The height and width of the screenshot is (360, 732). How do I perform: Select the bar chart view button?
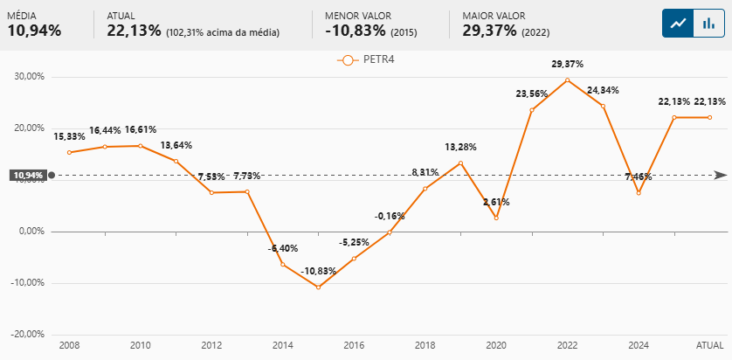(707, 24)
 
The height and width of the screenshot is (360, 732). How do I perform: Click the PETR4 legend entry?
(367, 59)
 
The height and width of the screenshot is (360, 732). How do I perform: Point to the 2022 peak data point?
(567, 80)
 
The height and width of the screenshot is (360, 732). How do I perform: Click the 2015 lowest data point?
(318, 287)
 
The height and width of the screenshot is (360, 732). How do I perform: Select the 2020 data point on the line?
(496, 218)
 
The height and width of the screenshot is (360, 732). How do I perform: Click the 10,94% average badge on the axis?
(27, 175)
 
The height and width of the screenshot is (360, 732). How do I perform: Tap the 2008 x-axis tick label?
(69, 346)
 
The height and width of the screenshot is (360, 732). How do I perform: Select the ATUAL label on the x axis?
(709, 346)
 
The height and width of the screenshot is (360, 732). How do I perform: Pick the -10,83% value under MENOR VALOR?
(354, 31)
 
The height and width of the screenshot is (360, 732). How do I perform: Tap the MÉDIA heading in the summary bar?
(23, 16)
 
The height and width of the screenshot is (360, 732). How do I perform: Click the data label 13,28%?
(460, 147)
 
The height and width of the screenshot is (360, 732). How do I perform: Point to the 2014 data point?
(282, 264)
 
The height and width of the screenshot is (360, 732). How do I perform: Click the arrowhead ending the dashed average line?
(721, 175)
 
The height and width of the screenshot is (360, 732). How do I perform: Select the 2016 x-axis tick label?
(354, 346)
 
